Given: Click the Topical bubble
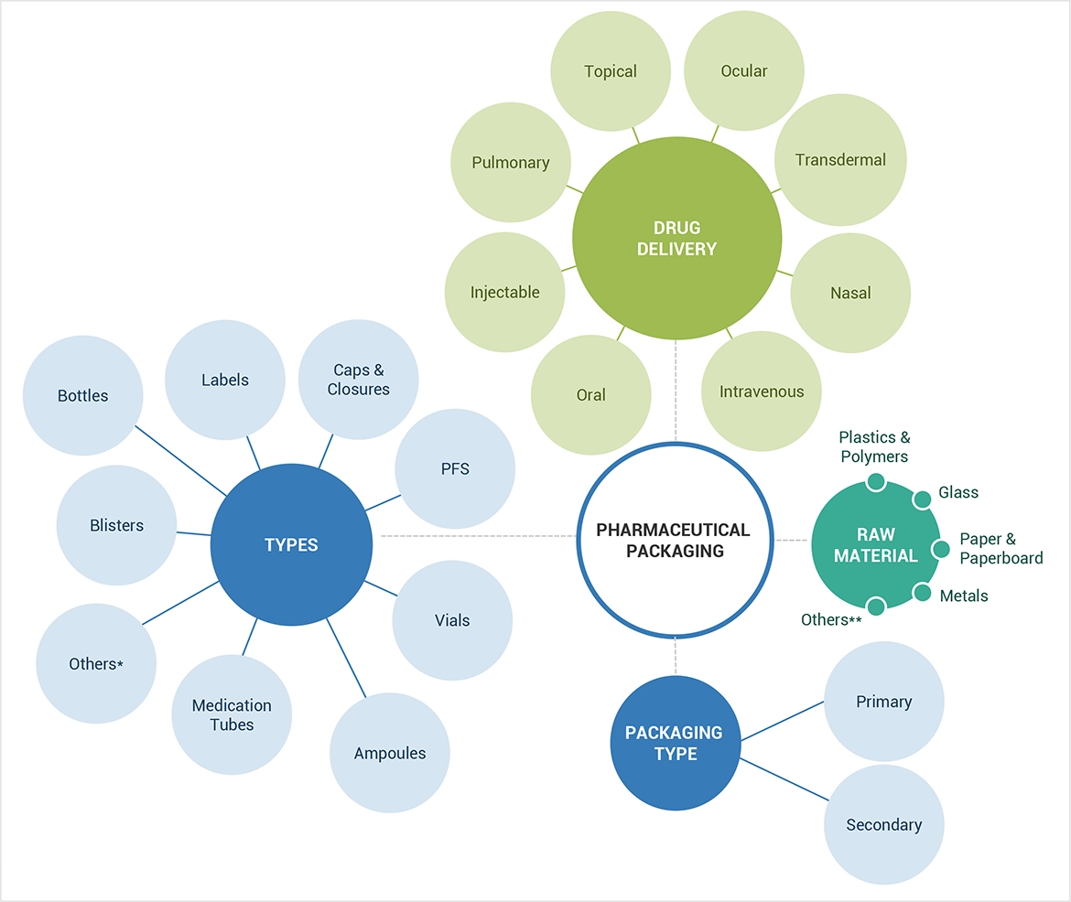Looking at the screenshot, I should click(x=611, y=71).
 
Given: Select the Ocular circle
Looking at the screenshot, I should click(x=744, y=71).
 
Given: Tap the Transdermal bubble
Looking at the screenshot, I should click(x=840, y=160).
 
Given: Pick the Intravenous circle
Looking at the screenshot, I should click(x=761, y=392).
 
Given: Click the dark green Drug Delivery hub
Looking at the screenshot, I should click(x=677, y=238).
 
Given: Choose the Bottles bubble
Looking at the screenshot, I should click(x=82, y=395).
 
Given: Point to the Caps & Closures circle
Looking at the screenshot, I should click(x=359, y=380).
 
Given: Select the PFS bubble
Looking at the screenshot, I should click(x=455, y=468).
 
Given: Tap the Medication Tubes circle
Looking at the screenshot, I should click(x=232, y=715).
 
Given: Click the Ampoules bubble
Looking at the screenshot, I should click(x=390, y=753).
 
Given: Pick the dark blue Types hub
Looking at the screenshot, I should click(x=291, y=545).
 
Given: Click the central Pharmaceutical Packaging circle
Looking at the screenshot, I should click(x=674, y=541).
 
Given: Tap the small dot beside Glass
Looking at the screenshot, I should click(x=923, y=498).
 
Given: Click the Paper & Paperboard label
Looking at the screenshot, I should click(x=1001, y=549).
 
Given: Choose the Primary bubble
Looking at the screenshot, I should click(x=884, y=702).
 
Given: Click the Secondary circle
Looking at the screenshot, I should click(x=884, y=824).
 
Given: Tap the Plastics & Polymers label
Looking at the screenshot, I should click(x=874, y=447).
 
